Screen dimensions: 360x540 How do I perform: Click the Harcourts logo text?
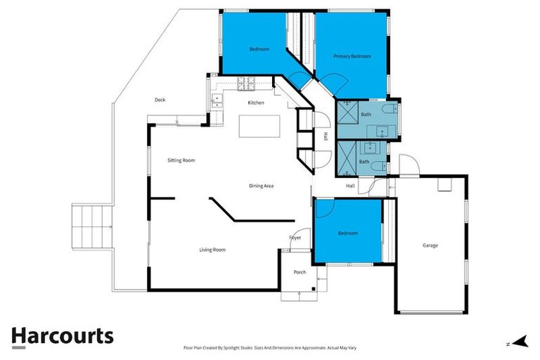coord(62,336)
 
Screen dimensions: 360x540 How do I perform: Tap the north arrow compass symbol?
coord(520,342)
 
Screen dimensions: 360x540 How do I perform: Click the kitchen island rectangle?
coord(259,127)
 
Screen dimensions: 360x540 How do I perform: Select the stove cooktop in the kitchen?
coord(247,85)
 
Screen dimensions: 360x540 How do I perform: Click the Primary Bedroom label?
coord(352,56)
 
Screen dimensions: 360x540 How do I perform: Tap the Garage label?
coord(430,245)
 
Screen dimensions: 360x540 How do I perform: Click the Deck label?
coord(160,100)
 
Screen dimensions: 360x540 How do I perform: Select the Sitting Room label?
coord(181,160)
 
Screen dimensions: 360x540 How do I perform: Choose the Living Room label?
coord(212,250)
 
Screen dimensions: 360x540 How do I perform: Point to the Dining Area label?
coord(261,186)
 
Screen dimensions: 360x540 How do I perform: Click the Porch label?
coord(300,272)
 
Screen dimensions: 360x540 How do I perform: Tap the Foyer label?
coord(295,238)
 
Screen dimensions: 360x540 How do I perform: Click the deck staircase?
coord(92,226)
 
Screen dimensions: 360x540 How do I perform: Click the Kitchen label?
coord(256,103)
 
